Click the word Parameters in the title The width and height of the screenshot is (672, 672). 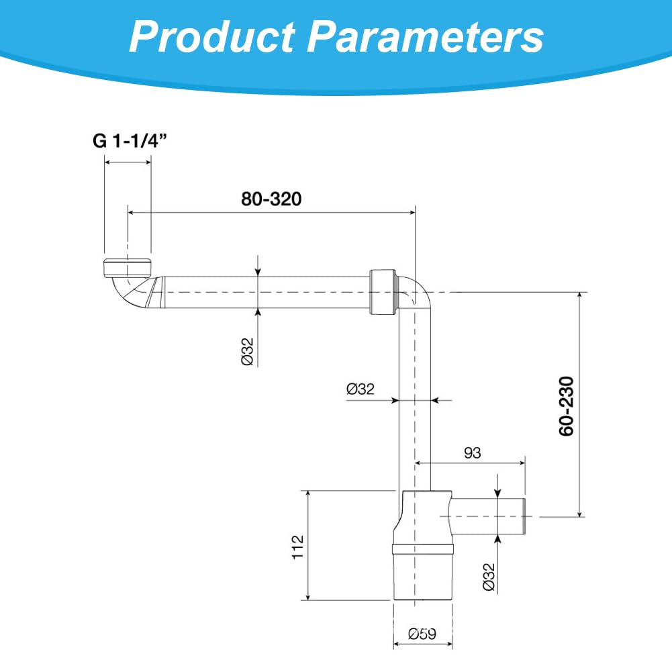tap(426, 36)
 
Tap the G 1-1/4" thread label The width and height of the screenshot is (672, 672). tap(130, 140)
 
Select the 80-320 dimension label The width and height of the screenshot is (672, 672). tap(271, 199)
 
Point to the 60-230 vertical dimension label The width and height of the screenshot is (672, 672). tap(566, 406)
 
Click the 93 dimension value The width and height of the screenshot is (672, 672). tap(473, 452)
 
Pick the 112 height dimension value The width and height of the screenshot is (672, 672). tap(297, 547)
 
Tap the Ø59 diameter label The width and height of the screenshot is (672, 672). tap(422, 634)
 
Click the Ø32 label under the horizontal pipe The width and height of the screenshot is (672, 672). tap(247, 351)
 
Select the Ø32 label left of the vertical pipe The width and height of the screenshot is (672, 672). tap(361, 389)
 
